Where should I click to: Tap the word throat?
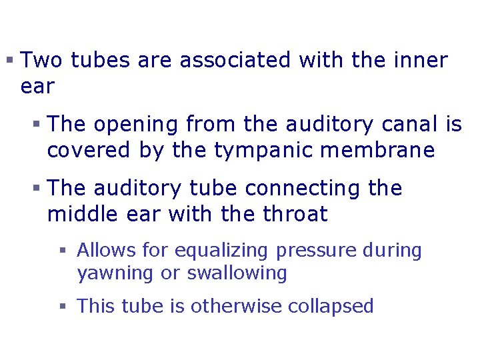pos(294,214)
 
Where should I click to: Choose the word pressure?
pos(316,251)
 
